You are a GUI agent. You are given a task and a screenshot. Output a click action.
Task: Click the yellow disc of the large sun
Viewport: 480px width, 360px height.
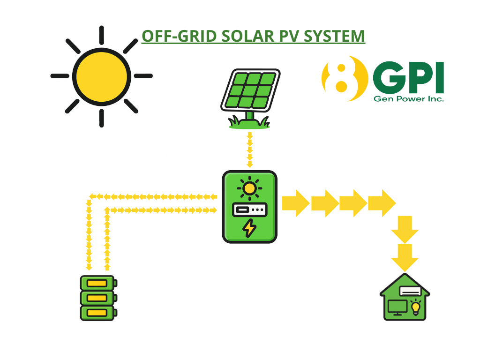click(x=101, y=76)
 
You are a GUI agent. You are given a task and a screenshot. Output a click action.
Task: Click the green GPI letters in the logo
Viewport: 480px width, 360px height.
click(x=408, y=78)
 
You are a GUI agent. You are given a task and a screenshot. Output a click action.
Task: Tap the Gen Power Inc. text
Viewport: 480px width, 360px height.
click(x=408, y=98)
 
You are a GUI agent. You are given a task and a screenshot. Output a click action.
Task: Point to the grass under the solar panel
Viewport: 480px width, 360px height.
click(x=249, y=124)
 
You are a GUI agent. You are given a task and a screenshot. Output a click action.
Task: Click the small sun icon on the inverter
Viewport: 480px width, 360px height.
click(x=249, y=188)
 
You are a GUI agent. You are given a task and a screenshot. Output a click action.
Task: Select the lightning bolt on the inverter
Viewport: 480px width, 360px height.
click(x=249, y=228)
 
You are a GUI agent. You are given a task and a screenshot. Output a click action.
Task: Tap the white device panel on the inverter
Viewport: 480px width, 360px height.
click(x=249, y=209)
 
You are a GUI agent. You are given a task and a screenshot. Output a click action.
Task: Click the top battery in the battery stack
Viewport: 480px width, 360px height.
click(x=98, y=283)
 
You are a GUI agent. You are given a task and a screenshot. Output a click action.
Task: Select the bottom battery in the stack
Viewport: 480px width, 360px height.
click(x=98, y=313)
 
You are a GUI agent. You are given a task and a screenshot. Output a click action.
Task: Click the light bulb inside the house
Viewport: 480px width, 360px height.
click(x=415, y=307)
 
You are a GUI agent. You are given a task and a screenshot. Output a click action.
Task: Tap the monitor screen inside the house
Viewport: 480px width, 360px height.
click(x=397, y=307)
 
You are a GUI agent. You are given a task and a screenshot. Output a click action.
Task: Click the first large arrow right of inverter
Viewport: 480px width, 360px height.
click(x=295, y=203)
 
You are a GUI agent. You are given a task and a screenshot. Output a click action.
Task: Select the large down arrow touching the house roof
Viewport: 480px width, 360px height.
click(x=405, y=257)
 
